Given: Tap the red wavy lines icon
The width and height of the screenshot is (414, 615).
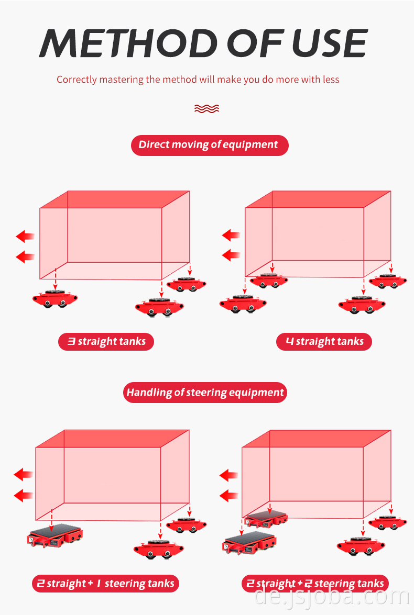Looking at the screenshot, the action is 206,109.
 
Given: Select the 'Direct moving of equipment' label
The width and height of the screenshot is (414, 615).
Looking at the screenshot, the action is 210,146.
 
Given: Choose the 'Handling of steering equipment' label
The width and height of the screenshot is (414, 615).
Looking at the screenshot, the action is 205,393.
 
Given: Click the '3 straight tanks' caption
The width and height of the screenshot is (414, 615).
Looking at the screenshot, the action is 106,342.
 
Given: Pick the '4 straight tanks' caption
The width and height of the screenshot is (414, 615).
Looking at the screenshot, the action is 324,342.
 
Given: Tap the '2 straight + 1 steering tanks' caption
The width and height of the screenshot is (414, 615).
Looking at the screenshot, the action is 106,584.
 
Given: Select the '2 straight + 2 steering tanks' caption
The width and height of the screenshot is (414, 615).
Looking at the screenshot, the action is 315,584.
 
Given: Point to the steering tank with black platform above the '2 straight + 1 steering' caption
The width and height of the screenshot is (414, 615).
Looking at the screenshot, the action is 55,535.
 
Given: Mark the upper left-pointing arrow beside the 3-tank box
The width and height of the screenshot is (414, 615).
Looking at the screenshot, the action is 25,236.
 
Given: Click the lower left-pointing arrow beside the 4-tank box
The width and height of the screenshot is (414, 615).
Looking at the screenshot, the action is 231,255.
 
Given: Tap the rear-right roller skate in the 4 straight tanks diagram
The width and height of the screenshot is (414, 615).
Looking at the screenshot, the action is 388,281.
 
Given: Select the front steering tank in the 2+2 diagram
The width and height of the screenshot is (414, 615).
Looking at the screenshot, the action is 249,543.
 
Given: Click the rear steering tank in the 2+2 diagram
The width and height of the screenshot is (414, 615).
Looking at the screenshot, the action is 266,519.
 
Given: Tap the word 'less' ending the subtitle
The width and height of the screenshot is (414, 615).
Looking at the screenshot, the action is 331,80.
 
